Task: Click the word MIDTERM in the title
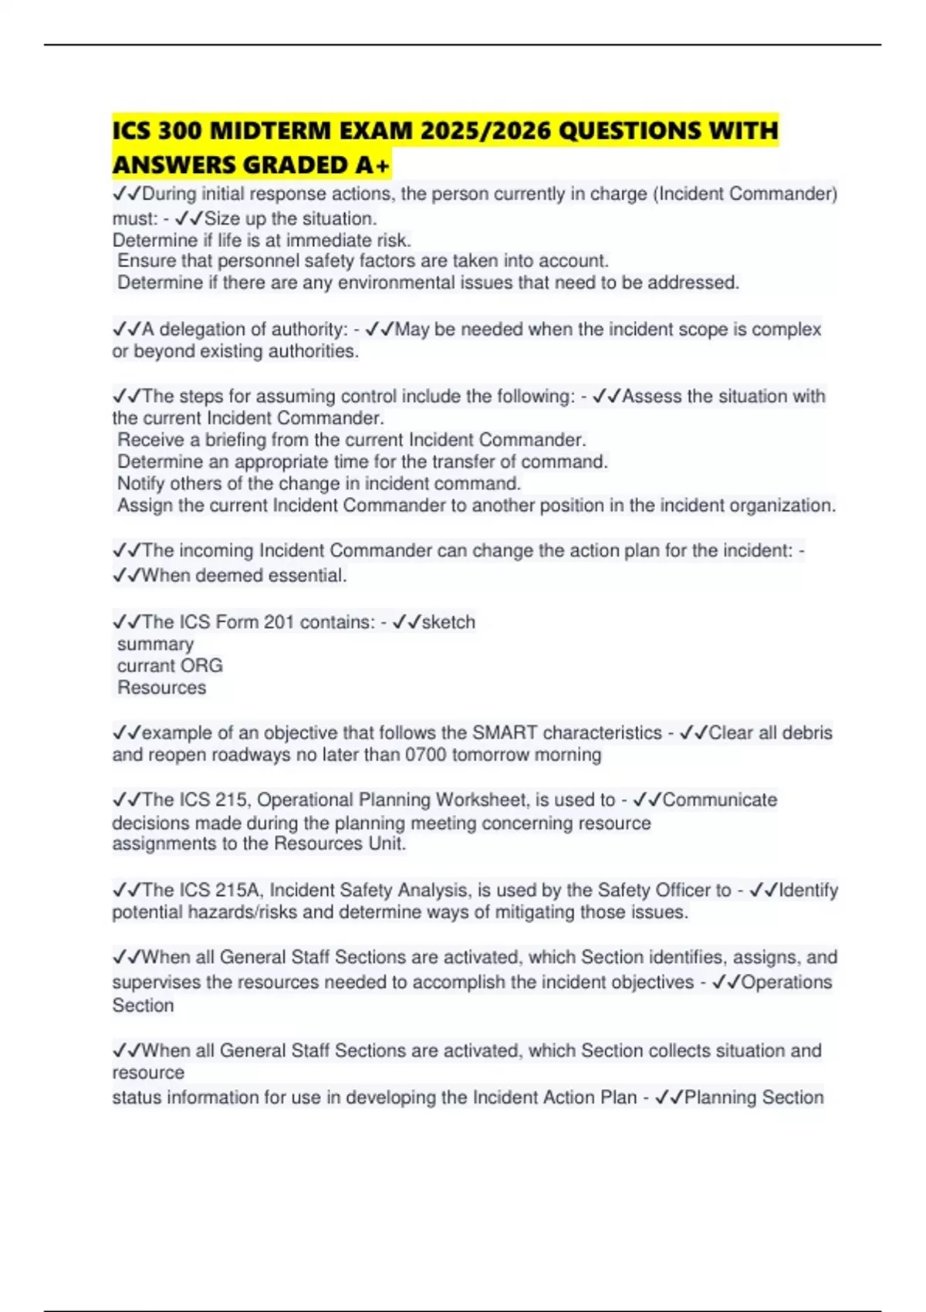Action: pyautogui.click(x=271, y=130)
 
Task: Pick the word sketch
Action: pyautogui.click(x=448, y=622)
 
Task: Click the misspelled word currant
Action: pyautogui.click(x=144, y=666)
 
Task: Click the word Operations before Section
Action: pyautogui.click(x=786, y=982)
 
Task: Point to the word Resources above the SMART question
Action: pyautogui.click(x=161, y=688)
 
